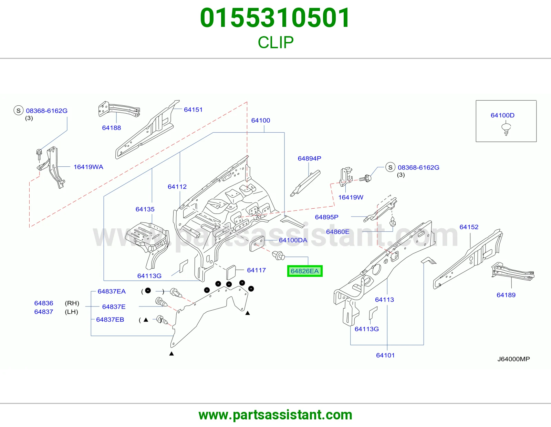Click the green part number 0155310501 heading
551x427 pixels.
(275, 18)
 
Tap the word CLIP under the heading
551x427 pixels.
(275, 42)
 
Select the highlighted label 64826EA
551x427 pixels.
(304, 271)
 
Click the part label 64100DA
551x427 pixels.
(293, 240)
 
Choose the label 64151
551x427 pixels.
(193, 110)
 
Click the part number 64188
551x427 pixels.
(111, 128)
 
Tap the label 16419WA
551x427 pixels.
(88, 167)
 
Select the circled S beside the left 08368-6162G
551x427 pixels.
(19, 111)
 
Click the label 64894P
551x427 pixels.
(309, 158)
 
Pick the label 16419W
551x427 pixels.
(351, 197)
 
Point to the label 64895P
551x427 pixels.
(326, 217)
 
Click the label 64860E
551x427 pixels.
(337, 232)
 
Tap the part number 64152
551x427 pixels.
(469, 227)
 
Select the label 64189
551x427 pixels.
(506, 295)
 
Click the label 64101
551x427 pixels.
(385, 355)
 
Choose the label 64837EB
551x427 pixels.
(110, 320)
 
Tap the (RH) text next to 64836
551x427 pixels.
(72, 303)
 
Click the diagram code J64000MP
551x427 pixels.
(513, 359)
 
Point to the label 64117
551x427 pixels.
(256, 270)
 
